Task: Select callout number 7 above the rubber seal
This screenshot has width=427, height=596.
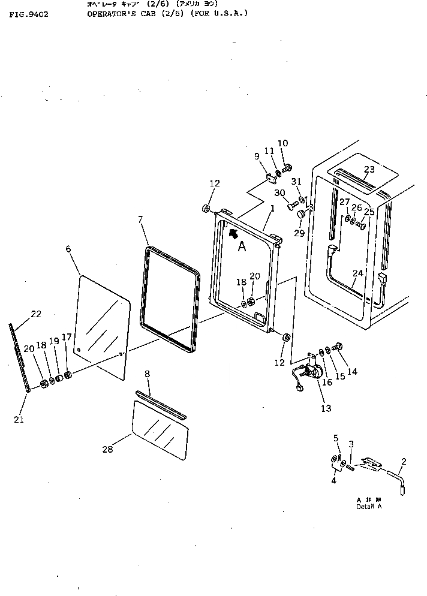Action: tap(140, 220)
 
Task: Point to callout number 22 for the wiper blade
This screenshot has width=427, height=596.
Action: tap(36, 314)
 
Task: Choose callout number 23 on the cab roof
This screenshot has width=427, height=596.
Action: tap(369, 170)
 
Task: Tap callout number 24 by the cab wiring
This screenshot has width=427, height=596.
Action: tap(357, 273)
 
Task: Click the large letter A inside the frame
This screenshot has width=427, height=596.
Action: tap(242, 247)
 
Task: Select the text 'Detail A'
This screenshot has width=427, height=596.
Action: tap(369, 507)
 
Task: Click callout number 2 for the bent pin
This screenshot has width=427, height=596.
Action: tap(404, 462)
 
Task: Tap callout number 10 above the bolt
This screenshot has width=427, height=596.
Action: tap(282, 143)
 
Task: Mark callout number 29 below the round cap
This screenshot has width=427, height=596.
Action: tap(299, 233)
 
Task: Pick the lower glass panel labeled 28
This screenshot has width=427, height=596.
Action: tap(158, 429)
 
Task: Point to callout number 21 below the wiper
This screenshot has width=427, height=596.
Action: tap(19, 420)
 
